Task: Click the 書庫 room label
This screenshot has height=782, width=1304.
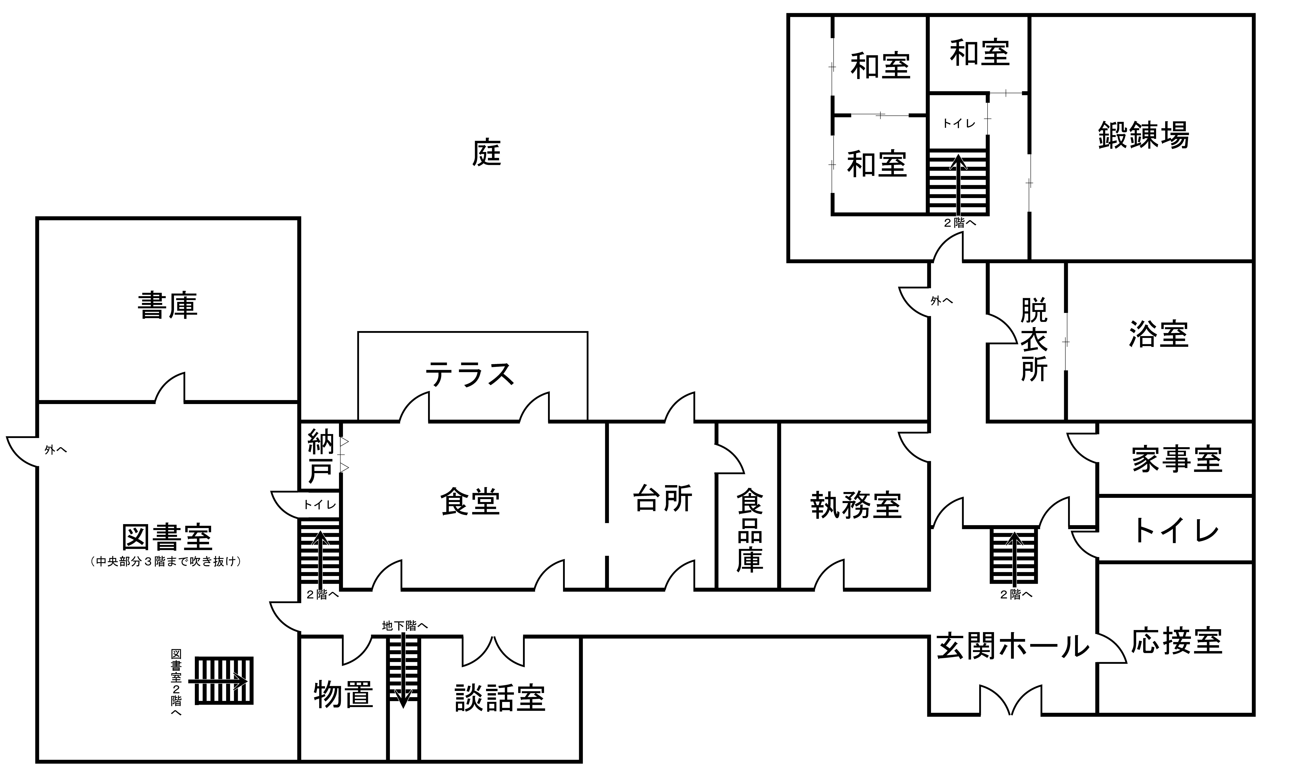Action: tap(168, 306)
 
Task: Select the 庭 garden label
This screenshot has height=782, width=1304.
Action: tap(486, 153)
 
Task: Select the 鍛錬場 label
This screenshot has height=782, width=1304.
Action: tap(1143, 135)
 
